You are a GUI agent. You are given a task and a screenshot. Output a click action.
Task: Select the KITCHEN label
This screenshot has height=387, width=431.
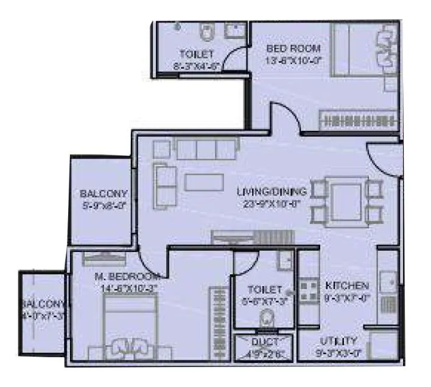[x=346, y=285]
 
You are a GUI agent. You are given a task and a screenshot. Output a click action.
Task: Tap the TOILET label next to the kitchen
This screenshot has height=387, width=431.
[x=265, y=290]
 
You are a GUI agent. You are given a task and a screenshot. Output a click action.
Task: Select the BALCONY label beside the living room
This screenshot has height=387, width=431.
[x=103, y=194]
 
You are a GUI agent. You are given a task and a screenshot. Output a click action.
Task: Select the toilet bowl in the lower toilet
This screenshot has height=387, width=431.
[x=265, y=318]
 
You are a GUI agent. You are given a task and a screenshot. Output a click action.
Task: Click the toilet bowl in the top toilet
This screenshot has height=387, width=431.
[x=206, y=30]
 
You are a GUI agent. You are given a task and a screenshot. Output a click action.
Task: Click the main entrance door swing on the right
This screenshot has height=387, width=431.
[x=384, y=159]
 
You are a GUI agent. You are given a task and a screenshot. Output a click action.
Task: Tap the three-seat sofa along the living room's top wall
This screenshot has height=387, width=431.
[x=205, y=148]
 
